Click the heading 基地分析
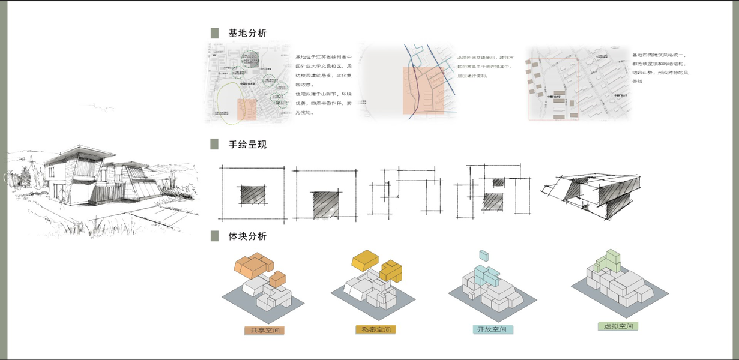(247, 34)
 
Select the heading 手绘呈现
(247, 145)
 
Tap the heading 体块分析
(247, 236)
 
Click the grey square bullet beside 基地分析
(214, 34)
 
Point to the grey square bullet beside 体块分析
(214, 236)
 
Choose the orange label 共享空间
(264, 330)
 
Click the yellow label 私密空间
(376, 329)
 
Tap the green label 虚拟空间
(617, 326)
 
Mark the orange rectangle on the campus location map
(247, 109)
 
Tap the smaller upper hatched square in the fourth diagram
(498, 182)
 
